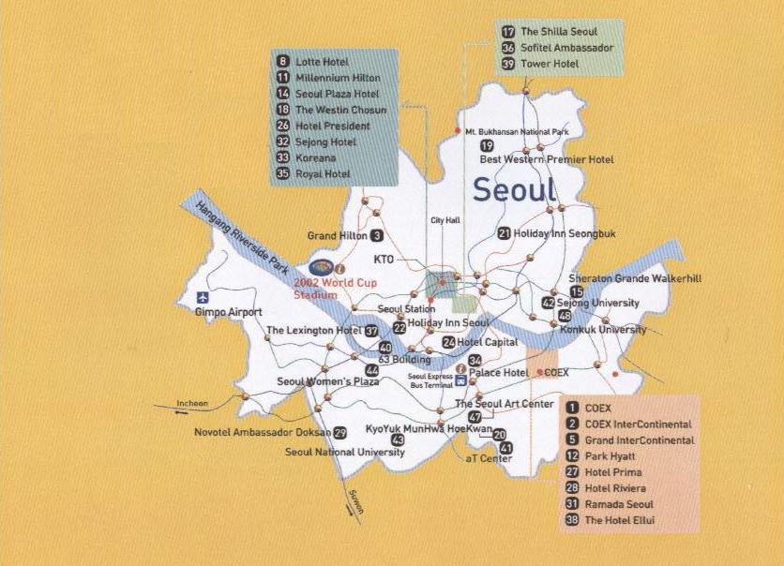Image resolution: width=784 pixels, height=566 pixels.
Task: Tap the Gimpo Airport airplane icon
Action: (202, 298)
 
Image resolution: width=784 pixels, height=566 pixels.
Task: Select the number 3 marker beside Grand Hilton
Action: (377, 236)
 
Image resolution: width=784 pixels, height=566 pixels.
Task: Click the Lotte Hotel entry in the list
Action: (321, 62)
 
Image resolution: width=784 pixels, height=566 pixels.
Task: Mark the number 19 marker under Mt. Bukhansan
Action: (487, 145)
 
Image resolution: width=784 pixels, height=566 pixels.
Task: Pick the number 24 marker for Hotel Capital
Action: (449, 343)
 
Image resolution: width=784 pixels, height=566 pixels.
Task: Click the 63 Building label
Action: (404, 360)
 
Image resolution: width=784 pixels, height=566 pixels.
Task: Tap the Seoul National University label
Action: (345, 452)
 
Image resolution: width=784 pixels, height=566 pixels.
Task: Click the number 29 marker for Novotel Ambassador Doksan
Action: (339, 432)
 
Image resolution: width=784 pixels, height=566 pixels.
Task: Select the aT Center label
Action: (489, 458)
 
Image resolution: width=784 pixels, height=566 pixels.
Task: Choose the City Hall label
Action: (445, 220)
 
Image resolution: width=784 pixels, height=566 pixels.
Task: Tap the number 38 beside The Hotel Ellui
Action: (572, 520)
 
